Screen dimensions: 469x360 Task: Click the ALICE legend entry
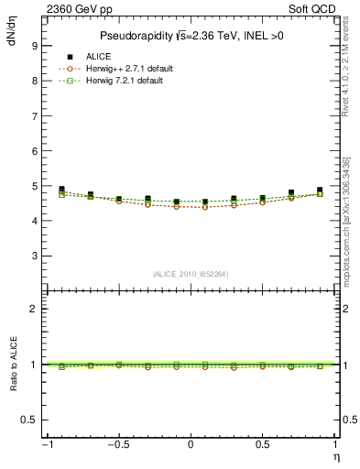pyautogui.click(x=98, y=58)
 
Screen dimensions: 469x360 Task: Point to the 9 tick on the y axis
pyautogui.click(x=34, y=45)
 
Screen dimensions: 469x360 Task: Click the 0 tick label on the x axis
pyautogui.click(x=191, y=446)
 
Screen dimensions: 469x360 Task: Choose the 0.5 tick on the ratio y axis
pyautogui.click(x=30, y=420)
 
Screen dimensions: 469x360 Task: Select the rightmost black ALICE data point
pyautogui.click(x=320, y=191)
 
